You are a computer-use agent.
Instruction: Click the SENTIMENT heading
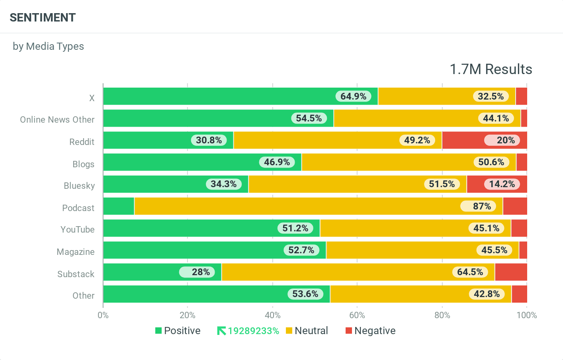[x=43, y=18]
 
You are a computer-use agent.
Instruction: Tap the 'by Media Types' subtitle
[x=48, y=46]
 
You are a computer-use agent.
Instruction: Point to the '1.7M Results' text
[x=491, y=69]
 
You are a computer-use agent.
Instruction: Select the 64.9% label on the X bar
[x=353, y=96]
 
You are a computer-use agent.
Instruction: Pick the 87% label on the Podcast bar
[x=482, y=206]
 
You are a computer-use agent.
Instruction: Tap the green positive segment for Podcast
[x=119, y=206]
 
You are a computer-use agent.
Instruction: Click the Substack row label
[x=76, y=274]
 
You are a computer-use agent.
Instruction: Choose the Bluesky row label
[x=79, y=186]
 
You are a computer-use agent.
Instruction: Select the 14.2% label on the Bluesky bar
[x=502, y=184]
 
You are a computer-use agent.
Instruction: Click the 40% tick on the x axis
[x=272, y=315]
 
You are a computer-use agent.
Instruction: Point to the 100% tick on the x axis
[x=526, y=315]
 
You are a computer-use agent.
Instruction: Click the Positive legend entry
[x=178, y=331]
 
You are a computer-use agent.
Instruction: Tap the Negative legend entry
[x=370, y=331]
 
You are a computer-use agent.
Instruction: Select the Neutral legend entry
[x=307, y=331]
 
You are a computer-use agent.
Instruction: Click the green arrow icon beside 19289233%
[x=221, y=331]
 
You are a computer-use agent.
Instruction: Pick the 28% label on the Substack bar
[x=201, y=272]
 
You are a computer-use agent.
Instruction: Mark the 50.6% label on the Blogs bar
[x=491, y=162]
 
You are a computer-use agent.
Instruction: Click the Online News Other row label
[x=57, y=119]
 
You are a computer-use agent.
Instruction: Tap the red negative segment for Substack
[x=511, y=272]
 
